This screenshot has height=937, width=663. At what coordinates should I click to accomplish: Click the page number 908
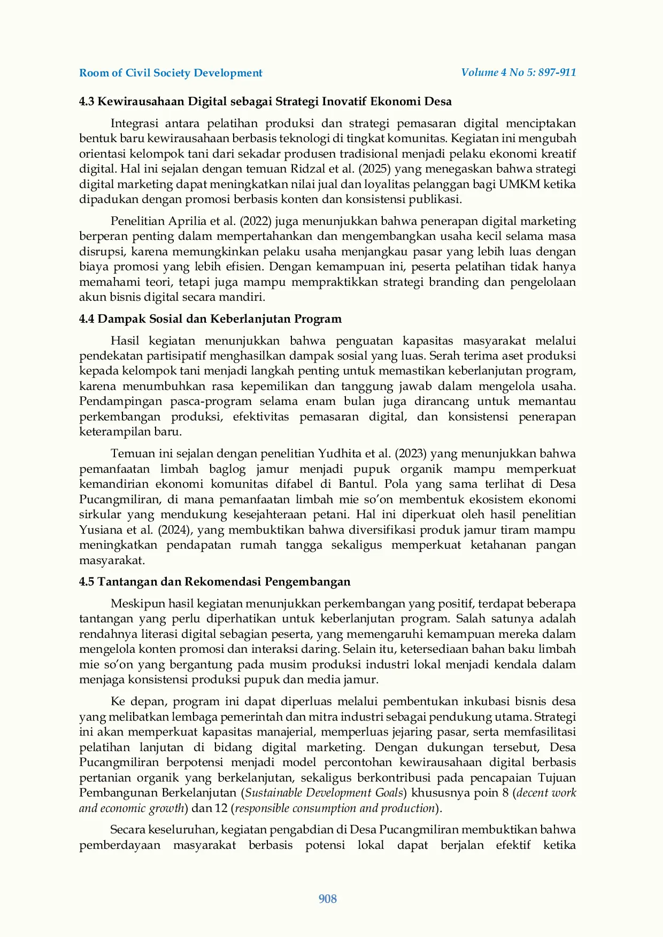pyautogui.click(x=327, y=899)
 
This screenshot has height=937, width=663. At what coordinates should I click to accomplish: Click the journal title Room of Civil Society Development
pyautogui.click(x=171, y=73)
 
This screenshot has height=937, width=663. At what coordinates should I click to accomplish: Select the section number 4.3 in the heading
pyautogui.click(x=87, y=101)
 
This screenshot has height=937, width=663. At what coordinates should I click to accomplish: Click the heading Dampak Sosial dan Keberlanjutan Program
pyautogui.click(x=219, y=319)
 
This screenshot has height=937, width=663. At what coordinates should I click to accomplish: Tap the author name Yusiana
pyautogui.click(x=101, y=530)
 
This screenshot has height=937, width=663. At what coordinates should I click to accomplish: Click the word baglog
pyautogui.click(x=227, y=470)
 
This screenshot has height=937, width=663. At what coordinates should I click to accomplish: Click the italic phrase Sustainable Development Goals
pyautogui.click(x=324, y=793)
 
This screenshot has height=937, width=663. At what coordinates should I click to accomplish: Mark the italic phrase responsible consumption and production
pyautogui.click(x=335, y=808)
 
